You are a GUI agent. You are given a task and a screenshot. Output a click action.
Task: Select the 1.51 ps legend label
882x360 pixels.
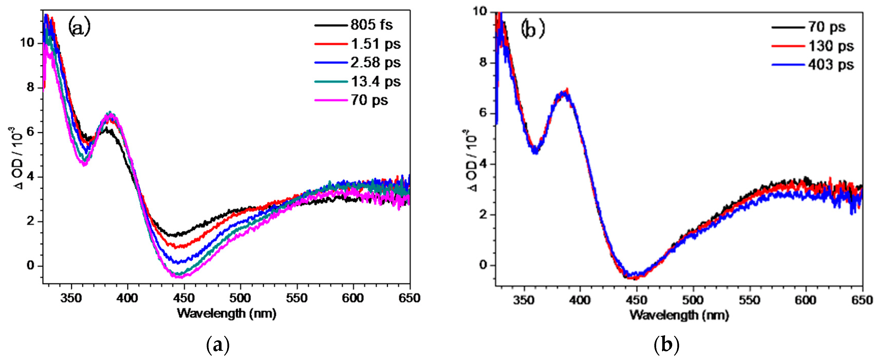[x=376, y=44]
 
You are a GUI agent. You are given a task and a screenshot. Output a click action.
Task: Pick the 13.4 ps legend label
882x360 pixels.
[x=376, y=81]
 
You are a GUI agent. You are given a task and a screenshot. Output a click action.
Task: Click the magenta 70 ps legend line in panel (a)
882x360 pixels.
[x=331, y=100]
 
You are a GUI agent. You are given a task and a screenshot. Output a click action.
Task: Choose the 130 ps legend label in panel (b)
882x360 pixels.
[x=831, y=46]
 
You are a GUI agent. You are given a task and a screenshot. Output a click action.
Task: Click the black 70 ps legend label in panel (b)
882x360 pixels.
[x=827, y=27]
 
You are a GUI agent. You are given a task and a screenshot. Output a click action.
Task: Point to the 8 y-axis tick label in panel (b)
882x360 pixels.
[x=483, y=63]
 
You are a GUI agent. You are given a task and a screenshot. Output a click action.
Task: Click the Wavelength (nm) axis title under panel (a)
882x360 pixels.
[x=226, y=313]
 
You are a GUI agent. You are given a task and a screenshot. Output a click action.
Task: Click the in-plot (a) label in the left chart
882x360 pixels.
[x=79, y=27]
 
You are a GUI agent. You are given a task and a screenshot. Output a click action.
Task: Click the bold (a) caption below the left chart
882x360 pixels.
[x=218, y=345]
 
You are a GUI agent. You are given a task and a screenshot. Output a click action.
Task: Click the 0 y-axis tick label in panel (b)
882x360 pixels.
[x=483, y=265]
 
